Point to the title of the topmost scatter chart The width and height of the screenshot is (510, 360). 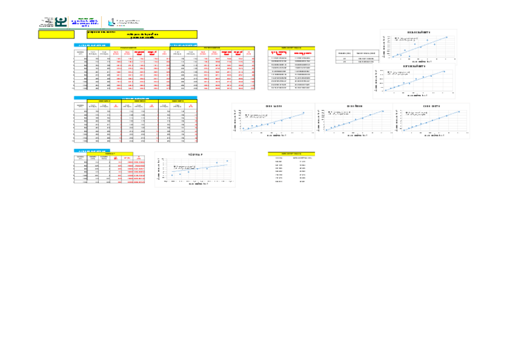click(x=419, y=32)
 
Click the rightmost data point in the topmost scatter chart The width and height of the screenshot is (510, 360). click(x=446, y=37)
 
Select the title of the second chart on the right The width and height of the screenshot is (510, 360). click(x=419, y=67)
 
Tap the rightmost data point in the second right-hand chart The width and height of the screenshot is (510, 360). click(x=446, y=72)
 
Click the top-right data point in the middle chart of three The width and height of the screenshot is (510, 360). click(x=382, y=111)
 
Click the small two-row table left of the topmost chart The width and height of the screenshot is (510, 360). click(x=357, y=58)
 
